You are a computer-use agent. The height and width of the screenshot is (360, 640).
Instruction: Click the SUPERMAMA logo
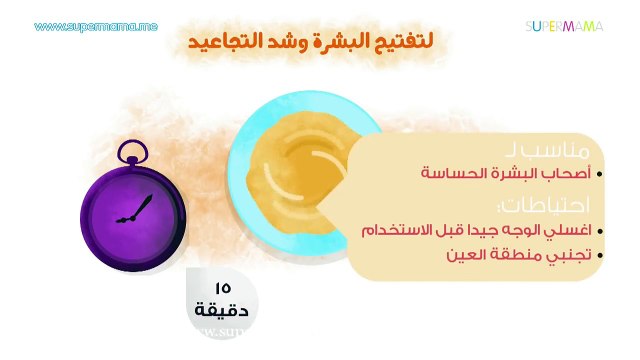[565, 26]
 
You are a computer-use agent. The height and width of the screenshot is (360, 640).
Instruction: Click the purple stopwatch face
[133, 211]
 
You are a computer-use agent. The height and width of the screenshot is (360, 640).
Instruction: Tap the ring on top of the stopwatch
[132, 153]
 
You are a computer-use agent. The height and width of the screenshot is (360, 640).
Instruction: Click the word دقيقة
[222, 311]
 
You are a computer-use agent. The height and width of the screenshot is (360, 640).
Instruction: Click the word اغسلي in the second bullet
[563, 230]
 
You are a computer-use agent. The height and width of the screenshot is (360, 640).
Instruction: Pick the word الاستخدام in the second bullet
[400, 230]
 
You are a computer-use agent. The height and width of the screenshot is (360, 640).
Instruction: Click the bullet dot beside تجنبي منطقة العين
[598, 255]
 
